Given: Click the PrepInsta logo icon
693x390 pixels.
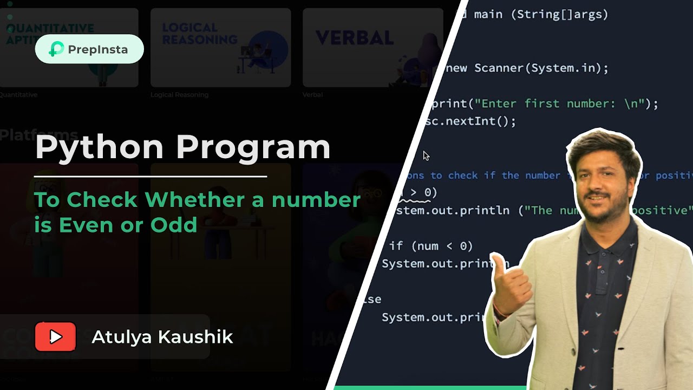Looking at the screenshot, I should coord(56,49).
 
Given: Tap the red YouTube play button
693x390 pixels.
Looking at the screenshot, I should coord(55,337).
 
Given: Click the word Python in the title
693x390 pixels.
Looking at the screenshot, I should coord(100,147).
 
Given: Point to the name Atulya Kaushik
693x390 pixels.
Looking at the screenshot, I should coord(162,337).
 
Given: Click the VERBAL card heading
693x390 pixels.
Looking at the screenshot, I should coord(354,38).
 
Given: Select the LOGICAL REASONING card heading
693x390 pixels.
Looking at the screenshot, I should coord(199,34).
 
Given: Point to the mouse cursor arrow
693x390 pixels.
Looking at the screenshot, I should coord(426,155).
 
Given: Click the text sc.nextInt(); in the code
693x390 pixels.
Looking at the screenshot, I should coord(470,121).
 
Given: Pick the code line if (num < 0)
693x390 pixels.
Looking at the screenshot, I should coord(431,246).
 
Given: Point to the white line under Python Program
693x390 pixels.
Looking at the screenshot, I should coord(151,176).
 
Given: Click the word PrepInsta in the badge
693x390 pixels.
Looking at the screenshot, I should coord(97,49).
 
